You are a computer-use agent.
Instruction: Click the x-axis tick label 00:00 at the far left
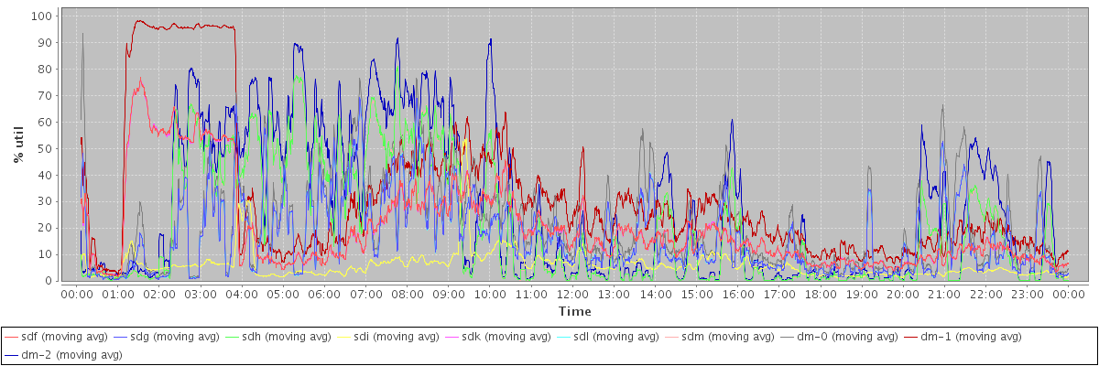(x=76, y=295)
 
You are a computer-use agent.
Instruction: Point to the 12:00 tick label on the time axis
(x=572, y=295)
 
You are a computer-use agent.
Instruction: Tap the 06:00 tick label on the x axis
(x=324, y=295)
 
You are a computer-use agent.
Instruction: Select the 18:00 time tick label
(x=821, y=295)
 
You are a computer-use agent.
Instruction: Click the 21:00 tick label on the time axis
(x=944, y=295)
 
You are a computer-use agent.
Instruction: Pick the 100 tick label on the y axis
(x=40, y=16)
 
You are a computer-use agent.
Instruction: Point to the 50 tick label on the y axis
(x=44, y=148)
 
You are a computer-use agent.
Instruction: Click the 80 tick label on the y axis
(x=44, y=69)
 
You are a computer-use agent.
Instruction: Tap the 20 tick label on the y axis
(x=44, y=228)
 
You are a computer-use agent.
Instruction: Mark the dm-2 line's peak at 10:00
(x=491, y=39)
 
